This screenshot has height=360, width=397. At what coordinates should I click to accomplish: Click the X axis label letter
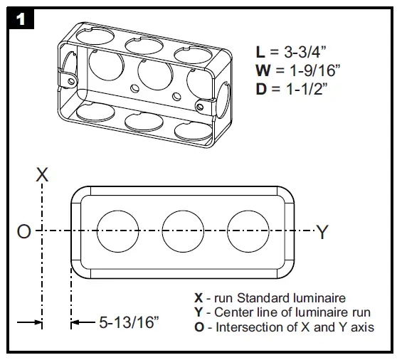43,174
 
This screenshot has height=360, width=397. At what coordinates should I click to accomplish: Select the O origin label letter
23,232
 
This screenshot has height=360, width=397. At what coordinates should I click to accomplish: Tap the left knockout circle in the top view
118,231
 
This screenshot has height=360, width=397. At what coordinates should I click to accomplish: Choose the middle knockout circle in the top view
184,231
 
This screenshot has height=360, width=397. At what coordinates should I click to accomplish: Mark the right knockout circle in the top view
250,231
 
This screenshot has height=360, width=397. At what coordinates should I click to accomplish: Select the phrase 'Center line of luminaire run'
292,312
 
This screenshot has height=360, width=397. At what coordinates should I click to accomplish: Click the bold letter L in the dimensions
260,52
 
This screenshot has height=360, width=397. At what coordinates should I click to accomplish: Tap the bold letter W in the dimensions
263,70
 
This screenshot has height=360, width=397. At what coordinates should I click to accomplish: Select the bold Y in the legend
198,312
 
